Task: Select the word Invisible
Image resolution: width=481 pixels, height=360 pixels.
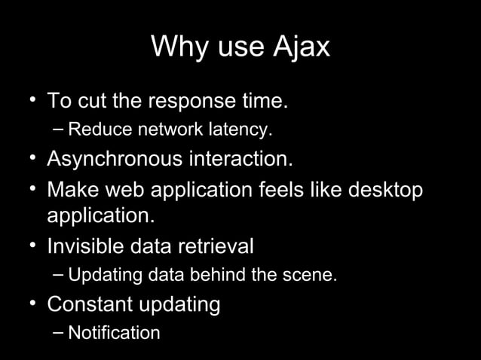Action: pyautogui.click(x=83, y=246)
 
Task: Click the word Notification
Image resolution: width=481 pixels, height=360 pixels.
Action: pyautogui.click(x=114, y=333)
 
